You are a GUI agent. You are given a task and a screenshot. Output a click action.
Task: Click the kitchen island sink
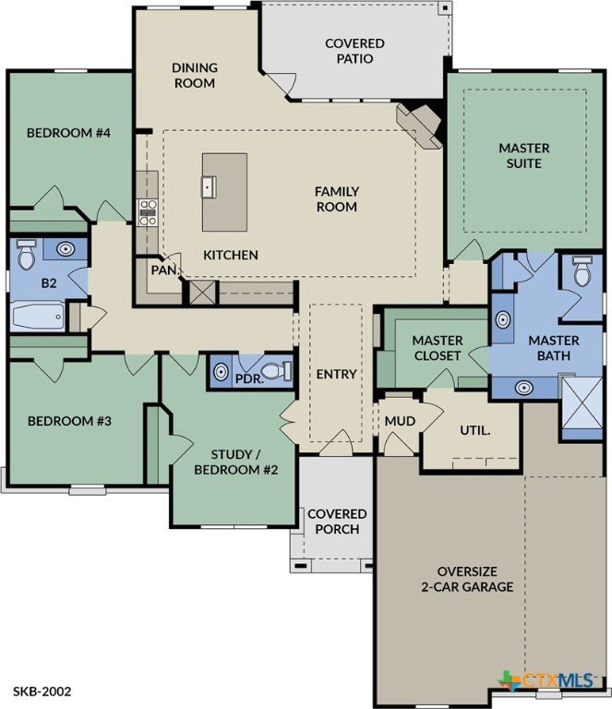(209, 187)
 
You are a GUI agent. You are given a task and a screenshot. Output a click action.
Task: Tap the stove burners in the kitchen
(148, 212)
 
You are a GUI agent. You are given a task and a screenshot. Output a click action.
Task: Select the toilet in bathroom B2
(26, 254)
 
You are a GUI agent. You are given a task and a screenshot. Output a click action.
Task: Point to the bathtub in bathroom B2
(39, 316)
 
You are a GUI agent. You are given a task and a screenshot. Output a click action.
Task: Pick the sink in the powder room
(220, 372)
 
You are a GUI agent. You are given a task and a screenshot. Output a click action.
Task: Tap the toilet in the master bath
(582, 270)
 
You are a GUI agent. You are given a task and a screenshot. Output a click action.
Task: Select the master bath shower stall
(582, 403)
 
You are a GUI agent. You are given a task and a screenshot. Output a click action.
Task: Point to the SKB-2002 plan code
(42, 691)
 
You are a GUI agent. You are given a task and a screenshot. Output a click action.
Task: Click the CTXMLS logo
(546, 680)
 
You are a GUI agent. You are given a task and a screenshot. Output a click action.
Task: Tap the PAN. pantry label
(165, 270)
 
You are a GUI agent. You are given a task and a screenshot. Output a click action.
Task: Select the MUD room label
(400, 421)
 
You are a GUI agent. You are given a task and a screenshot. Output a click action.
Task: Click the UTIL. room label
(475, 430)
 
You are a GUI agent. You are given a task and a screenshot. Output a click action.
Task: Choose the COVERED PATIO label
(354, 51)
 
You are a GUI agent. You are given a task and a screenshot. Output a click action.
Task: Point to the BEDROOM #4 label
(68, 133)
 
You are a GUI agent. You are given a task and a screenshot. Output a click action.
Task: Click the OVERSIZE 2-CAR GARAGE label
(467, 579)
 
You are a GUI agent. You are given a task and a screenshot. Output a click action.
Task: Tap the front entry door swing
(336, 442)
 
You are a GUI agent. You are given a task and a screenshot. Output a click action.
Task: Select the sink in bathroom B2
(66, 248)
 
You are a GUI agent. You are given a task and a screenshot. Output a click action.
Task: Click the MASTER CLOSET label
(438, 348)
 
